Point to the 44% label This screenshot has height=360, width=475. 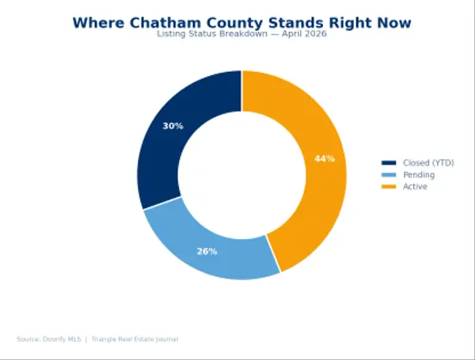[x=325, y=159]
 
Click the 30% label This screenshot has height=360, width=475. [x=173, y=126]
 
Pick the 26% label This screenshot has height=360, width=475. [x=207, y=252]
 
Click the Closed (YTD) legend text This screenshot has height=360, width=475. [x=428, y=163]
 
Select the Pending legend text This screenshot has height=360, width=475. [x=419, y=175]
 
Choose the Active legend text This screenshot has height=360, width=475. [x=415, y=187]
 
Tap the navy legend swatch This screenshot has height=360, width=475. [x=389, y=163]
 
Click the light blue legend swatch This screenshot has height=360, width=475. [x=389, y=175]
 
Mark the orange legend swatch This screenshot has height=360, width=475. [x=389, y=187]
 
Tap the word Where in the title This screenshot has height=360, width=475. [x=98, y=23]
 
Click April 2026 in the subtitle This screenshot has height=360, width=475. [x=306, y=35]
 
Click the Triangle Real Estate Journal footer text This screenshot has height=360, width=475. [x=135, y=339]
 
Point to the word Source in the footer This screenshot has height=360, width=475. [x=28, y=339]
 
